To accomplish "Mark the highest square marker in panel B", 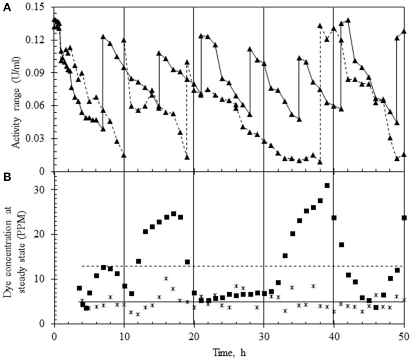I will point(327,186).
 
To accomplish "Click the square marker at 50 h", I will point(404,217).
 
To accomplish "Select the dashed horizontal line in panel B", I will point(236,266).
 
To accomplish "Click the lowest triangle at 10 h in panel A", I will point(124,155).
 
